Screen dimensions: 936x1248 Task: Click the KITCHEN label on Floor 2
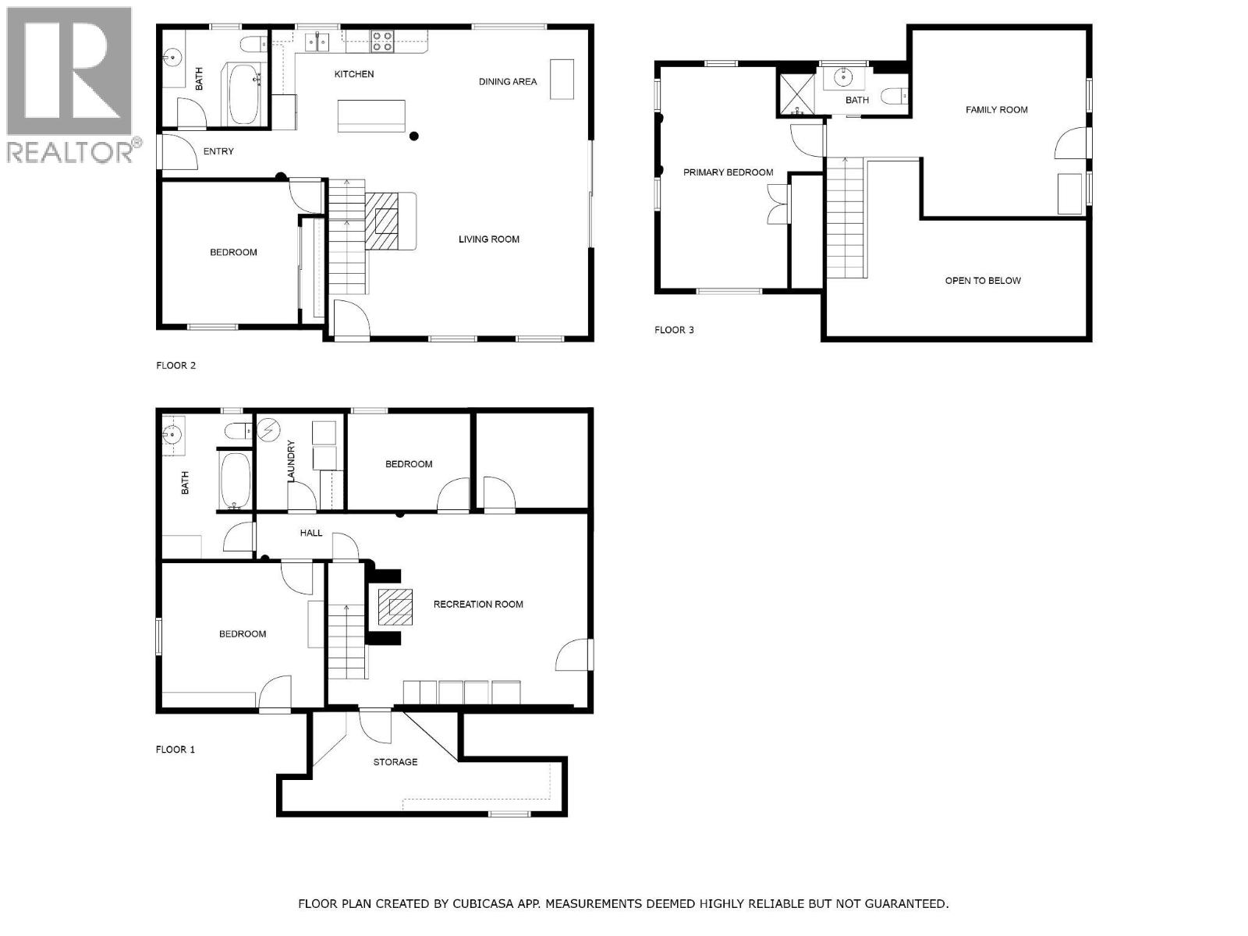[354, 74]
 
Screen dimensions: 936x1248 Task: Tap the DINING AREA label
[508, 81]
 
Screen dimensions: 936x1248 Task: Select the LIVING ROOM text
[489, 239]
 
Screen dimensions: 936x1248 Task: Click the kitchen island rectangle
[372, 116]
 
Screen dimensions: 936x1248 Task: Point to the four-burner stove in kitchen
[381, 41]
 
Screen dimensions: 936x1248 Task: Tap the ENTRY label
[218, 151]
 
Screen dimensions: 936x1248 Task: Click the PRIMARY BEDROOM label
[728, 172]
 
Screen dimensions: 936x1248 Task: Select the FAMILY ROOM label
[996, 110]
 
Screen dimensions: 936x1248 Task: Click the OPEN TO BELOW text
[983, 281]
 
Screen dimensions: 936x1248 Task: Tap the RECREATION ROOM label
[478, 604]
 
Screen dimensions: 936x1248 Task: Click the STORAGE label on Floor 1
[395, 762]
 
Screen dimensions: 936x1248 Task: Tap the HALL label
[311, 534]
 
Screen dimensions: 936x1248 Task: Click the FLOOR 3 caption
[674, 330]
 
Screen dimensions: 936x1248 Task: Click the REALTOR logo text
[70, 152]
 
